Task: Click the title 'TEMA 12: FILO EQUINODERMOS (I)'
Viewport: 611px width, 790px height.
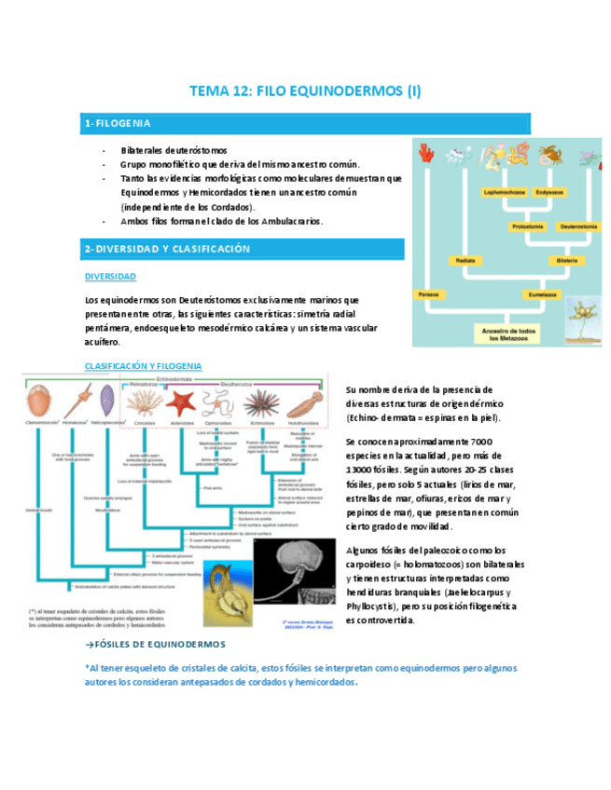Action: tap(305, 90)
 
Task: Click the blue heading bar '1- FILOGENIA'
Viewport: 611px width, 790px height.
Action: tap(306, 124)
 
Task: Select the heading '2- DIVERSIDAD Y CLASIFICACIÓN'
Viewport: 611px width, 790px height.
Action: tap(243, 249)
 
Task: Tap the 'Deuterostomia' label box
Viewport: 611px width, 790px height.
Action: tap(578, 226)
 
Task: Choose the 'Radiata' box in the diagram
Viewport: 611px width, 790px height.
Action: tap(466, 261)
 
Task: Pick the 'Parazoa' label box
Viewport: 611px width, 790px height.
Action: tap(430, 293)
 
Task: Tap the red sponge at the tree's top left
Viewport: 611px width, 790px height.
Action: tap(427, 154)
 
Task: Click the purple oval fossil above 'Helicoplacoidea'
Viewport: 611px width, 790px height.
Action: tap(105, 402)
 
